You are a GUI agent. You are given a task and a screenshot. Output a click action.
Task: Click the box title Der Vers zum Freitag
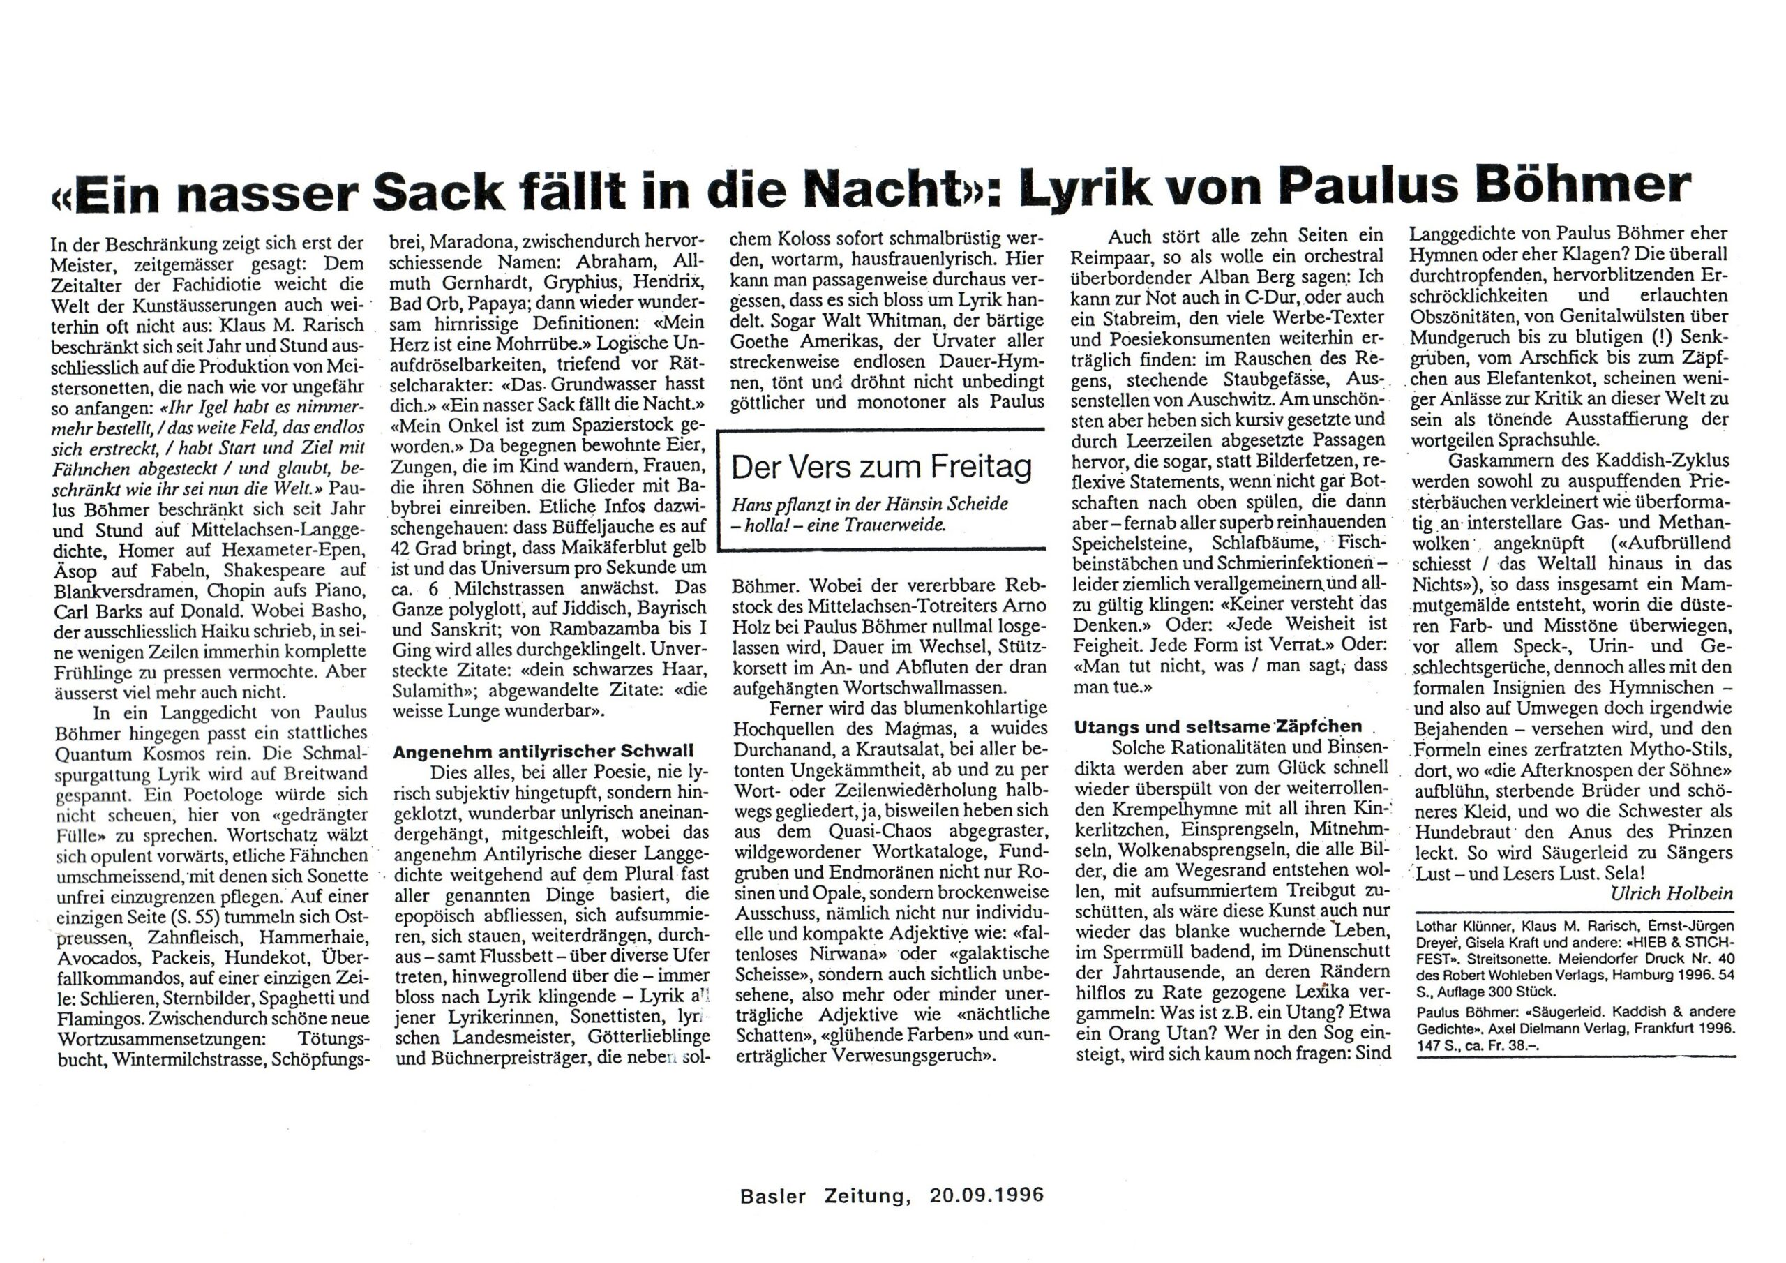click(881, 466)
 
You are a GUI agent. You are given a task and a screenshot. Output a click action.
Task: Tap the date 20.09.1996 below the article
click(986, 1195)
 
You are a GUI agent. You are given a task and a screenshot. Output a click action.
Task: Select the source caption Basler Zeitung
click(825, 1195)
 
